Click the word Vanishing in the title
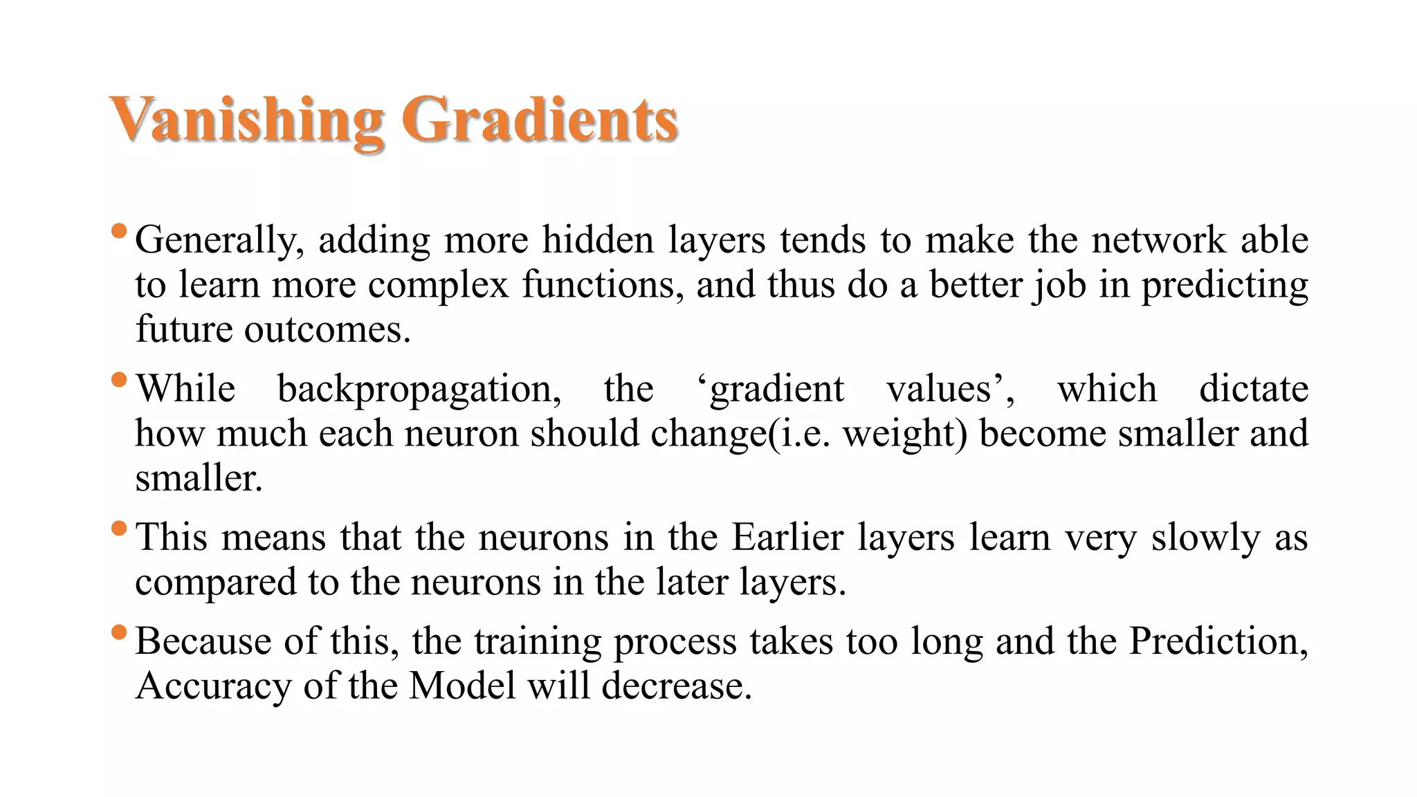(246, 120)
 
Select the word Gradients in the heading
(540, 120)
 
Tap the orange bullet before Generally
(119, 230)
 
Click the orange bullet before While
(119, 380)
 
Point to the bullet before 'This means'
(119, 529)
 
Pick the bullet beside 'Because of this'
(119, 632)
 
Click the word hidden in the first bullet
(598, 240)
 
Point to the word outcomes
(322, 330)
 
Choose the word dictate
(1254, 388)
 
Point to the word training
(538, 643)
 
